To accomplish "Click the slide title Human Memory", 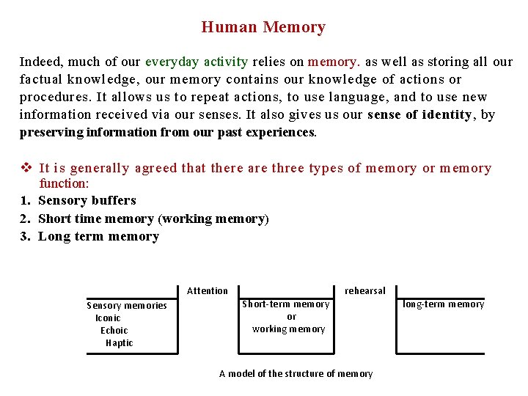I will point(263,28).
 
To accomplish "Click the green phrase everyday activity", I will point(197,62).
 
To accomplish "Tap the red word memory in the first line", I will point(331,62).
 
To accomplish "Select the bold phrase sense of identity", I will point(419,114).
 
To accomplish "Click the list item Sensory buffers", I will point(87,200).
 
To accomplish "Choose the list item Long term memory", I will point(98,236).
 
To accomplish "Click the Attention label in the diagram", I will point(208,291).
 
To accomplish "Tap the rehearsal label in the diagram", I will point(364,291).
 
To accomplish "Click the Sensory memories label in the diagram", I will point(127,306).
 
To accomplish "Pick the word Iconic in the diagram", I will point(108,318).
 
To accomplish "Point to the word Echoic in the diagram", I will point(114,331).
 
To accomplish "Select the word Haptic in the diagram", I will point(120,343).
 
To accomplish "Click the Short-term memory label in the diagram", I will point(286,304).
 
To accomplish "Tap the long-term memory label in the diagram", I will point(444,304).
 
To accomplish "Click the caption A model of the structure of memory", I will point(296,374).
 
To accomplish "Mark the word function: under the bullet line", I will point(64,183).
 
